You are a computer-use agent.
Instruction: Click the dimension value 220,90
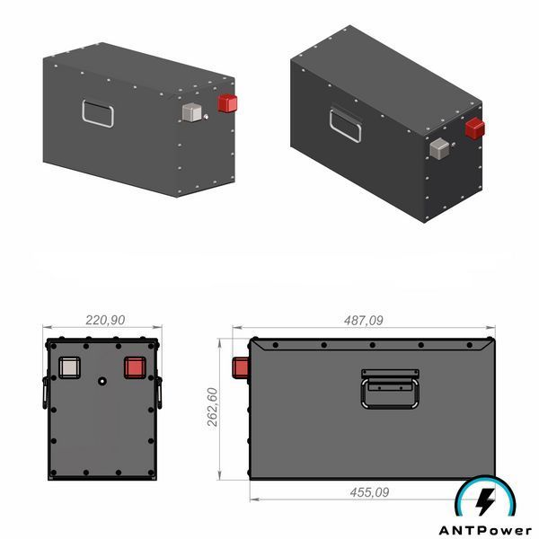coord(105,321)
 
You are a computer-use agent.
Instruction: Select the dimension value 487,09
coord(363,321)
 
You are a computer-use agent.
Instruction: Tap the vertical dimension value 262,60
coord(213,407)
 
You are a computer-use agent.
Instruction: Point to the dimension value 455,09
coord(369,492)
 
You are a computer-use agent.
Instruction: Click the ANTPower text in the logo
coord(485,530)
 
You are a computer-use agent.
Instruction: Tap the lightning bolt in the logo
coord(485,501)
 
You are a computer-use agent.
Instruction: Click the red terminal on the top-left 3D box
coord(227,103)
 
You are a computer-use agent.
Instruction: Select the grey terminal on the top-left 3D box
coord(192,112)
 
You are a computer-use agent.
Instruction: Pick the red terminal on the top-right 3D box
coord(475,128)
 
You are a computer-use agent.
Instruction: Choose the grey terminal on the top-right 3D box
coord(439,148)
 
